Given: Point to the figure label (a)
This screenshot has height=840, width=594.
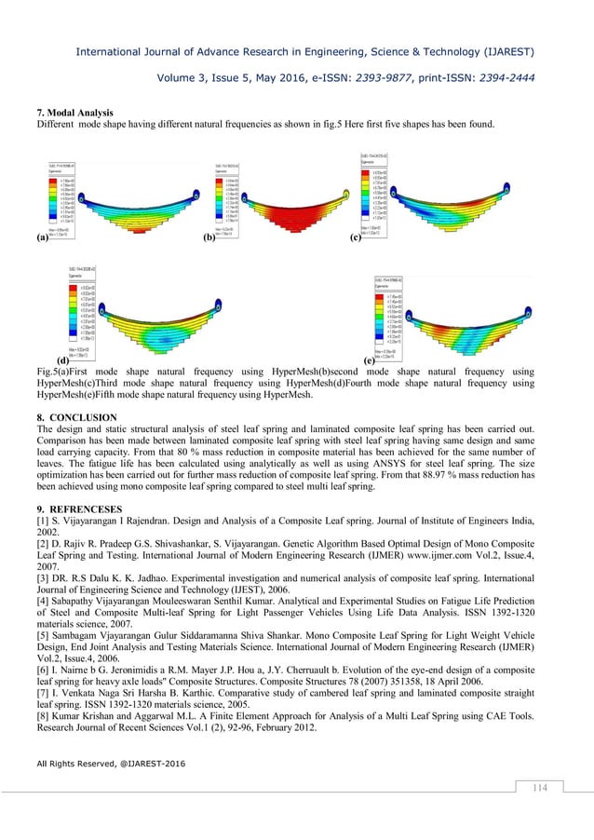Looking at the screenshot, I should click(42, 238).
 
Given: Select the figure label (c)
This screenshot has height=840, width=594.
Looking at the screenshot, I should click(356, 238).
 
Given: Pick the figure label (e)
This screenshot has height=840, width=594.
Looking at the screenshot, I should click(370, 359).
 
